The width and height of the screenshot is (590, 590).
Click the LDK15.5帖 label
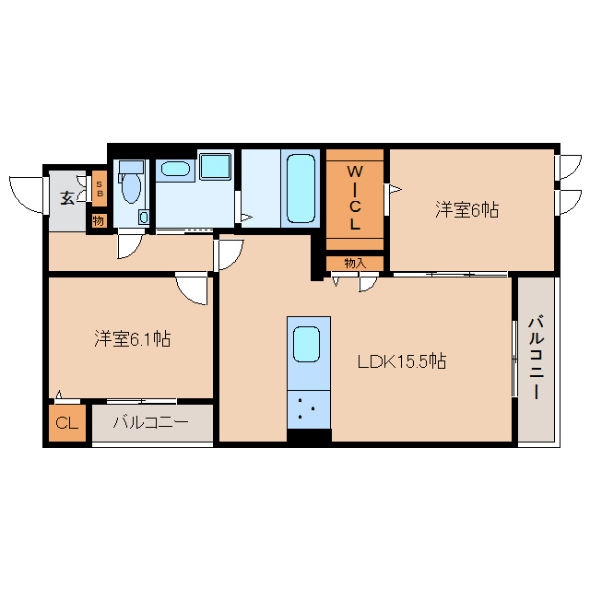pyautogui.click(x=402, y=361)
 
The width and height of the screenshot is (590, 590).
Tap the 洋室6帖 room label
pyautogui.click(x=467, y=209)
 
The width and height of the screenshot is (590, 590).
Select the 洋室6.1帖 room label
pyautogui.click(x=132, y=338)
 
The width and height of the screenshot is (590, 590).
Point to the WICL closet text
pyautogui.click(x=355, y=197)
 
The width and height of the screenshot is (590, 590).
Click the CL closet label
pyautogui.click(x=67, y=423)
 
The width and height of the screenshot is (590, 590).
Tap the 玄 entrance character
pyautogui.click(x=67, y=198)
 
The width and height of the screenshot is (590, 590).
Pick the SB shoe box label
pyautogui.click(x=100, y=189)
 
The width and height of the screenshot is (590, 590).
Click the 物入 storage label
pyautogui.click(x=355, y=264)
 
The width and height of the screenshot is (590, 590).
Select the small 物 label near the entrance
pyautogui.click(x=99, y=220)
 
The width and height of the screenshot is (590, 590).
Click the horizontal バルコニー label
pyautogui.click(x=151, y=422)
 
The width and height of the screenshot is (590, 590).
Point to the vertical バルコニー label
pyautogui.click(x=536, y=359)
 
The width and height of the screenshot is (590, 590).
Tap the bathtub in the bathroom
pyautogui.click(x=301, y=188)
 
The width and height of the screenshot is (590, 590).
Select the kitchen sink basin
pyautogui.click(x=307, y=344)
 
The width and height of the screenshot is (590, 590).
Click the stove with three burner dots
pyautogui.click(x=309, y=409)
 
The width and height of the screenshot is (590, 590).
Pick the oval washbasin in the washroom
pyautogui.click(x=175, y=169)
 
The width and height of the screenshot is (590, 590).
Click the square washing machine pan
pyautogui.click(x=215, y=166)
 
